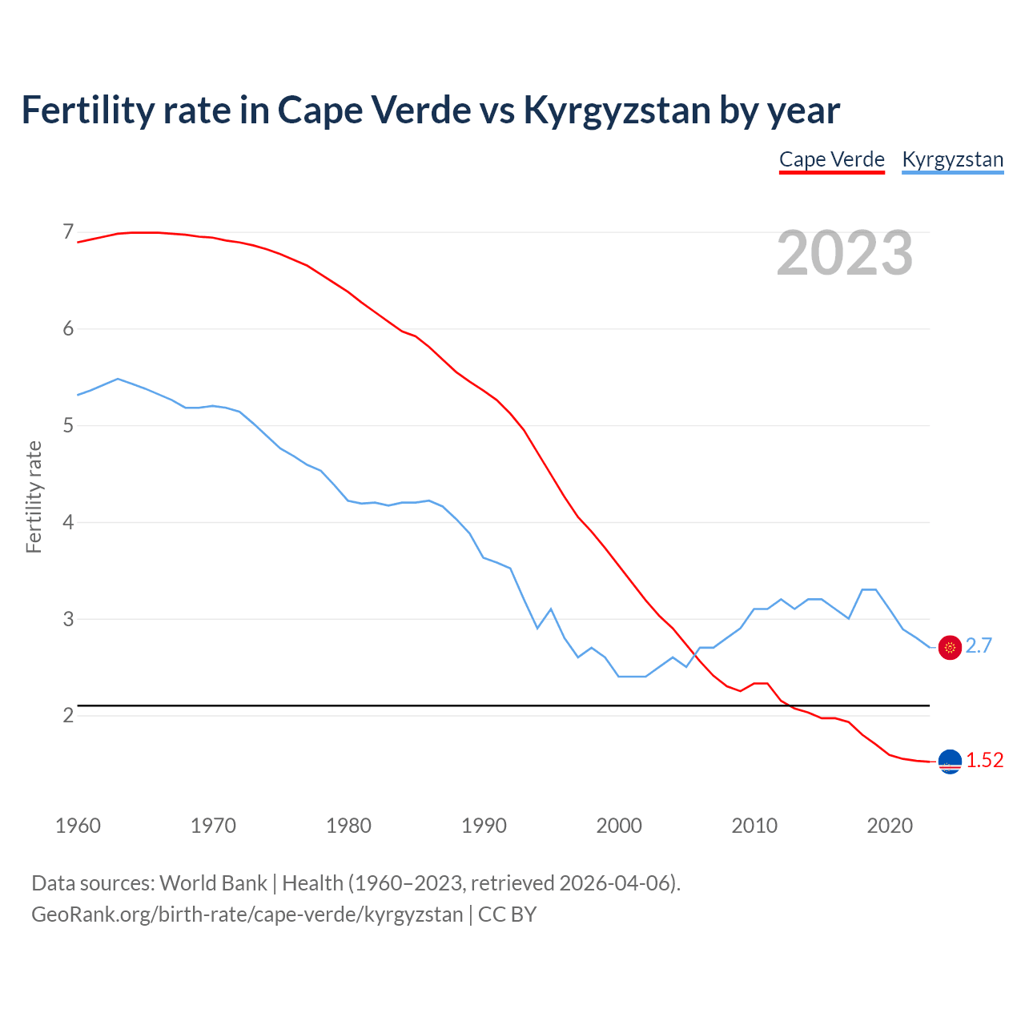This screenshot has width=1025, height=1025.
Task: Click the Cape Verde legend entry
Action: (831, 159)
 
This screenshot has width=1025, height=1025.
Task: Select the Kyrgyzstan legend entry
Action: (952, 159)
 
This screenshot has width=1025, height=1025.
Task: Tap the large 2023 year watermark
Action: (844, 253)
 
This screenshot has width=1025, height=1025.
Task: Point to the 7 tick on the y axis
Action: (68, 232)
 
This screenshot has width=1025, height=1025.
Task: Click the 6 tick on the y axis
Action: (68, 329)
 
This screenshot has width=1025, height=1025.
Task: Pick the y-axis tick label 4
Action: (68, 522)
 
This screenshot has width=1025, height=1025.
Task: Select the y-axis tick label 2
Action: (68, 715)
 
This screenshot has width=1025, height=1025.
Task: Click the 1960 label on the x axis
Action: (78, 826)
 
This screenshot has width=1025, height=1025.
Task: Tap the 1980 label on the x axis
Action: (348, 826)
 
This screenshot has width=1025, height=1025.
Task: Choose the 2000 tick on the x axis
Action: (619, 826)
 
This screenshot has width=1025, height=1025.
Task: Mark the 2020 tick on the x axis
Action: (890, 826)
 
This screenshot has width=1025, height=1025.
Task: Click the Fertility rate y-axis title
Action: (34, 496)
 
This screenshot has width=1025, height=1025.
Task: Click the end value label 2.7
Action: (979, 646)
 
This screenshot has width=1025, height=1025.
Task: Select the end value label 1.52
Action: (984, 761)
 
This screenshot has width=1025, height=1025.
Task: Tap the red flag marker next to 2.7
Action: (950, 647)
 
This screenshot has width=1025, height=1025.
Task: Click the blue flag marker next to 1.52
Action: (950, 762)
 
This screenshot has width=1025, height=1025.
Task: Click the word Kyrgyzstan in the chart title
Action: (617, 111)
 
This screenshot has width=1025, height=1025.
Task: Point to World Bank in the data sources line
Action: (213, 883)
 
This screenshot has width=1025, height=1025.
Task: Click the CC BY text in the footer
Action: (507, 914)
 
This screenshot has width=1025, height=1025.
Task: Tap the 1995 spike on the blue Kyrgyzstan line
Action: (551, 609)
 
